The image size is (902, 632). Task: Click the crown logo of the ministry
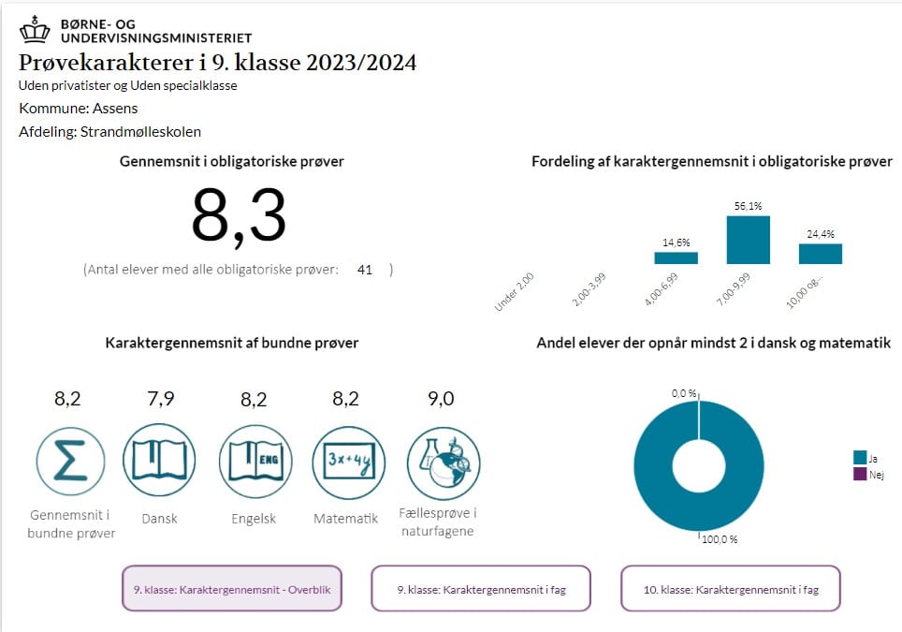[x=36, y=29]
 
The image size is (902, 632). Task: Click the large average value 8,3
[x=239, y=216]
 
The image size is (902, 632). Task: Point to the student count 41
[x=365, y=270]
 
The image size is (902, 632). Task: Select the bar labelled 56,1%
[x=748, y=240]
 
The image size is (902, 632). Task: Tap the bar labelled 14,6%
[x=676, y=257]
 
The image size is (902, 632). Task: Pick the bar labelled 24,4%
[x=820, y=254]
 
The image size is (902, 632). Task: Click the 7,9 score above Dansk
[x=161, y=399]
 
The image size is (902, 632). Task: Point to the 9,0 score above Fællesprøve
[x=441, y=399]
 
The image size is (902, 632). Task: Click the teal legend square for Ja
[x=860, y=458]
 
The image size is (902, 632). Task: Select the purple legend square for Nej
[x=860, y=475]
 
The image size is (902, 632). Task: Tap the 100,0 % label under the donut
[x=719, y=539]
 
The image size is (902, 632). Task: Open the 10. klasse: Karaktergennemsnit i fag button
[x=731, y=590]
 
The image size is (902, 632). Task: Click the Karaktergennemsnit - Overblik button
[x=231, y=590]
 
